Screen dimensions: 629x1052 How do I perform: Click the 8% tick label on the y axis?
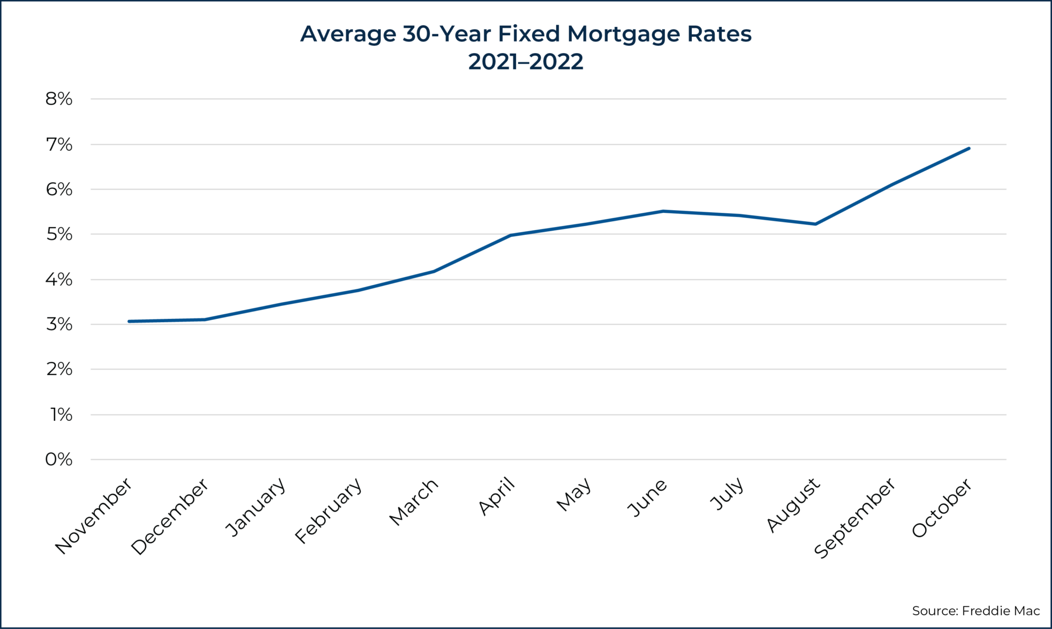point(59,99)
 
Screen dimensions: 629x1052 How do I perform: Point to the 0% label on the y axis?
point(59,460)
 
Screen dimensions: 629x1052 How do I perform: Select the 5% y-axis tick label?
point(59,234)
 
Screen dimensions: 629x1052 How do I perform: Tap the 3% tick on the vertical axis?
point(59,324)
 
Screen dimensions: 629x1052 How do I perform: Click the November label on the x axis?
point(94,515)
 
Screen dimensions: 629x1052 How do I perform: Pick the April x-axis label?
point(497,496)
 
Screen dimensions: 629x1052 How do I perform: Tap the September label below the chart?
point(854,518)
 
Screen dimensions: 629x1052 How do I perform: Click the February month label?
point(329,510)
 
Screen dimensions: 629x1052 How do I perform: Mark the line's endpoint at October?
point(969,148)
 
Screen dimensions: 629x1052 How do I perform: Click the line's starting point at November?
point(129,321)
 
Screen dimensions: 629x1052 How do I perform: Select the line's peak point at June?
point(663,211)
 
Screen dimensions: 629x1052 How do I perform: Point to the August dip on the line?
point(815,224)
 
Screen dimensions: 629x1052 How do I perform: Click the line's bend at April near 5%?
point(510,235)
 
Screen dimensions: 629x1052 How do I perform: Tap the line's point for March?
point(433,272)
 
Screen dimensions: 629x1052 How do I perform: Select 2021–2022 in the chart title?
point(525,62)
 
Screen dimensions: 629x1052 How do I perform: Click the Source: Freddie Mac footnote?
point(976,611)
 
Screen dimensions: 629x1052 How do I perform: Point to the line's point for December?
point(205,319)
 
